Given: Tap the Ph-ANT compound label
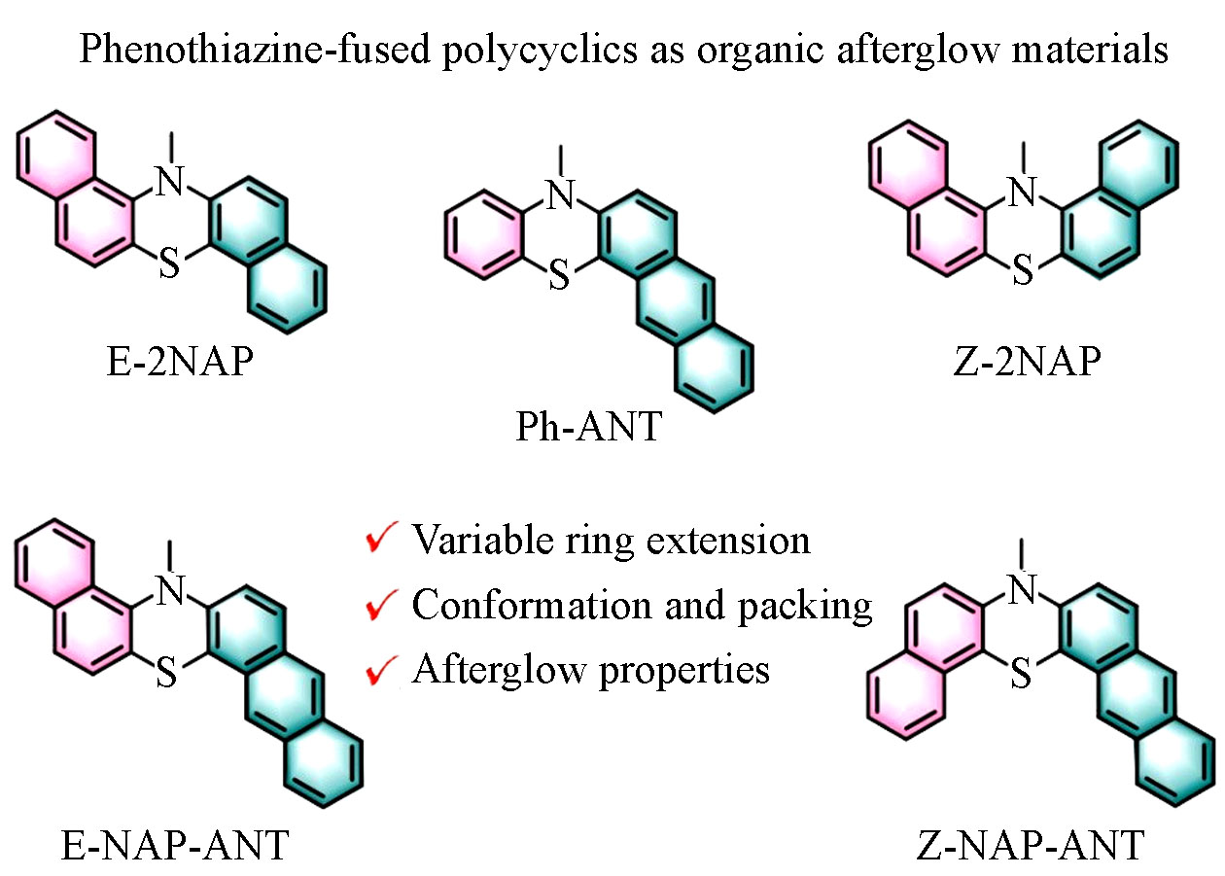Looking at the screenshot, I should [x=588, y=426].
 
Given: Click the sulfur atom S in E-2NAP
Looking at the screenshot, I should [x=169, y=265].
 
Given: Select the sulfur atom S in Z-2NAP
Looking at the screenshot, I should [x=1021, y=273].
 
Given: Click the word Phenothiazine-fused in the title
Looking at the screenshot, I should [x=254, y=49].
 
